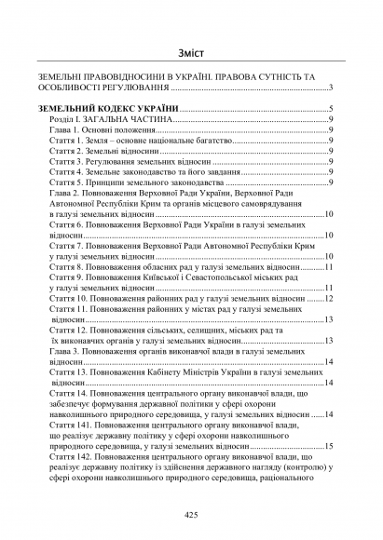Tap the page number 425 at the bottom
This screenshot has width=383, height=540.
pos(192,515)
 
